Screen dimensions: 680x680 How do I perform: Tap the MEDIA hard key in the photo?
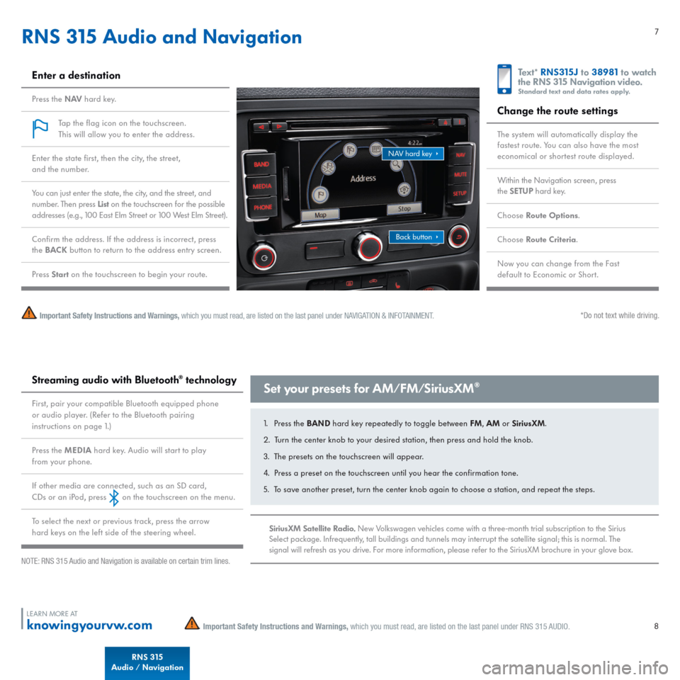(x=262, y=186)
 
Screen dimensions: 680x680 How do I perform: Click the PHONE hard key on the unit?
(x=263, y=208)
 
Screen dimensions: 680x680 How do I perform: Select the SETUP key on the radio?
(x=460, y=192)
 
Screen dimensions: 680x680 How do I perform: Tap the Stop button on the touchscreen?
(x=404, y=209)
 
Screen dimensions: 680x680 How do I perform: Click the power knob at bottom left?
(x=263, y=256)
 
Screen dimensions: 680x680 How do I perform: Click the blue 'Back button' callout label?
(x=416, y=237)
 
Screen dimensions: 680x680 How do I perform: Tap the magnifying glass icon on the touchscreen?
(x=397, y=164)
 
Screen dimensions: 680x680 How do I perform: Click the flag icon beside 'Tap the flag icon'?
(x=41, y=128)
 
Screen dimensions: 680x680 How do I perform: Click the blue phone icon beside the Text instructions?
(x=504, y=79)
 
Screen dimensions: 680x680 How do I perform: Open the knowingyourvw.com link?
(x=90, y=625)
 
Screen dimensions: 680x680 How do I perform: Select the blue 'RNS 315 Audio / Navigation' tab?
(x=147, y=663)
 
